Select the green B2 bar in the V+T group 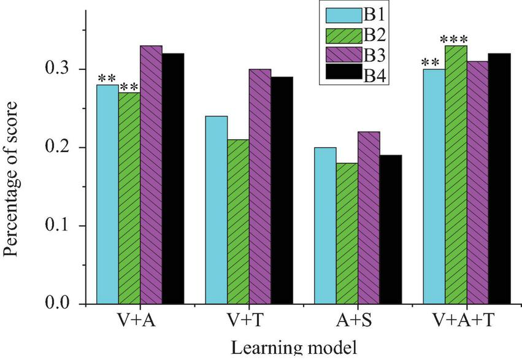click(238, 221)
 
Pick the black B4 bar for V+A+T click(499, 178)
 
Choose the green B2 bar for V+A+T click(456, 175)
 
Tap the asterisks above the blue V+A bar click(107, 79)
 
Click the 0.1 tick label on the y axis click(63, 226)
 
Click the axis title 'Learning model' click(293, 349)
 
